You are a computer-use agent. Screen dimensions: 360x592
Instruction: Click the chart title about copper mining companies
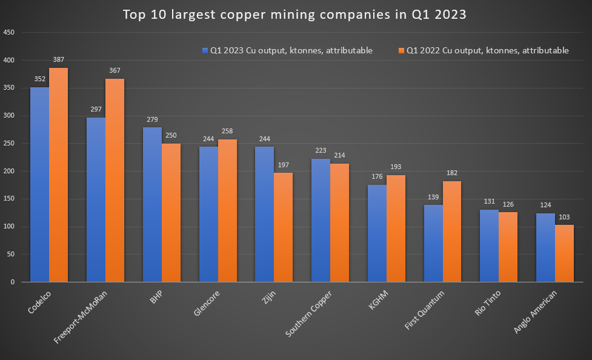tap(295, 15)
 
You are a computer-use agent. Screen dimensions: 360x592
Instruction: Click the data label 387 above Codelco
tap(59, 59)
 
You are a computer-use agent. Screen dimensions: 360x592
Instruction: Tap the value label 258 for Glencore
tap(227, 131)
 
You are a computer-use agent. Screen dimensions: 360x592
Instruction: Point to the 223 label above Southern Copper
tap(321, 150)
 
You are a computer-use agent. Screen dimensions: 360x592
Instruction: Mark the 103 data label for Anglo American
tap(564, 217)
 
